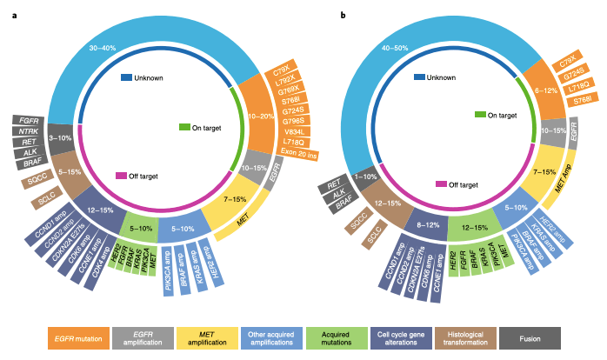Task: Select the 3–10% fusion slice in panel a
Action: coord(59,137)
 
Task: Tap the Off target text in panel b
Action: coord(460,184)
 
